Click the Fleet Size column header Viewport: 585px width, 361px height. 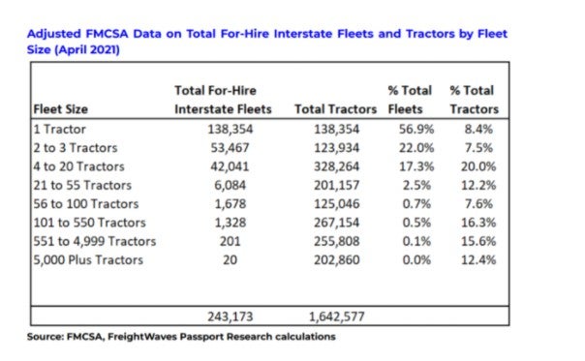tap(60, 109)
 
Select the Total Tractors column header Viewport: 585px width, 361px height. tap(335, 109)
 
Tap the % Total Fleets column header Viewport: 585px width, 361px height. tap(410, 100)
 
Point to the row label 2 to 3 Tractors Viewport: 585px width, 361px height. tap(76, 148)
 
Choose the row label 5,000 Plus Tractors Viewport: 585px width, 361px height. tap(88, 260)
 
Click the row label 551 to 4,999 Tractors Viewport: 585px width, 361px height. tap(94, 241)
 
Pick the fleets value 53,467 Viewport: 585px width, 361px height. tap(230, 148)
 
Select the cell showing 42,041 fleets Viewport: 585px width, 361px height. tap(230, 166)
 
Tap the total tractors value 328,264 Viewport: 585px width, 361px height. tap(336, 166)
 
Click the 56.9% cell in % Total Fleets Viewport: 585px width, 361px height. tap(416, 130)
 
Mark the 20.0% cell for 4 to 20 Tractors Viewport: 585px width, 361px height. tap(478, 166)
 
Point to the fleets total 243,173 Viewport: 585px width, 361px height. tap(231, 316)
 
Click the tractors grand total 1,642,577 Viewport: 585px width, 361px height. tap(336, 316)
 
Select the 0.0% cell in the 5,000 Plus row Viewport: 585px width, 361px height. tap(416, 260)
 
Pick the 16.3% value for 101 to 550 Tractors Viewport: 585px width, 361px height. tap(478, 223)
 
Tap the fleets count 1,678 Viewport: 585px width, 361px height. tap(231, 204)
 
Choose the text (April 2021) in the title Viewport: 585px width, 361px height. tap(87, 49)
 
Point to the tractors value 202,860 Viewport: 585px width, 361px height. tap(336, 260)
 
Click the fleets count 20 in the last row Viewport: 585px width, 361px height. tap(231, 260)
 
